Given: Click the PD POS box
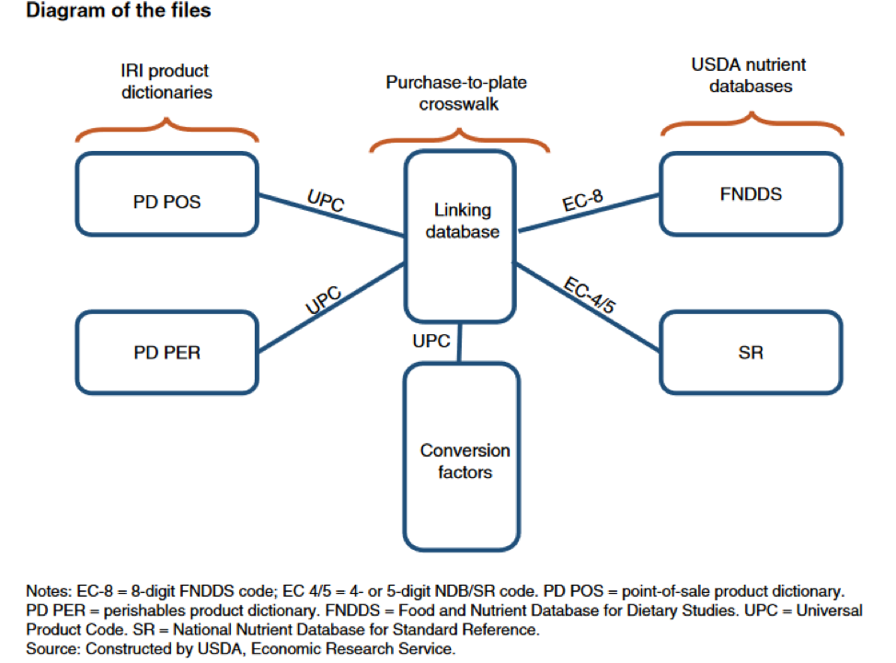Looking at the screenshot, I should pos(167,200).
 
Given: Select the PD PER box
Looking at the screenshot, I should pos(167,352).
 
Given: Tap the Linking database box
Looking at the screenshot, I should pos(459,221).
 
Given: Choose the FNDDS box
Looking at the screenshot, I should pos(750,193).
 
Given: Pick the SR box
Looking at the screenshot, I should pos(750,352).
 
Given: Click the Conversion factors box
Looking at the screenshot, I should pos(464,460).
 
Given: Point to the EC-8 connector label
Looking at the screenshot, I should pos(583,202).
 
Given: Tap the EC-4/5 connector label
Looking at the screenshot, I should pos(590,296).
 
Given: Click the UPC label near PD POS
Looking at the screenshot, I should pos(326,202).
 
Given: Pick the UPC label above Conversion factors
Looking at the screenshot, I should pos(431,341).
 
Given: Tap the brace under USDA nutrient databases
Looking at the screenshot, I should pos(750,124).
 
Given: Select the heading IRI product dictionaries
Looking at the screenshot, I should pos(166,81).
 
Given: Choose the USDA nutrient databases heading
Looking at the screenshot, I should pos(748,76).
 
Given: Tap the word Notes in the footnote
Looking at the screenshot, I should pos(46,590).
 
